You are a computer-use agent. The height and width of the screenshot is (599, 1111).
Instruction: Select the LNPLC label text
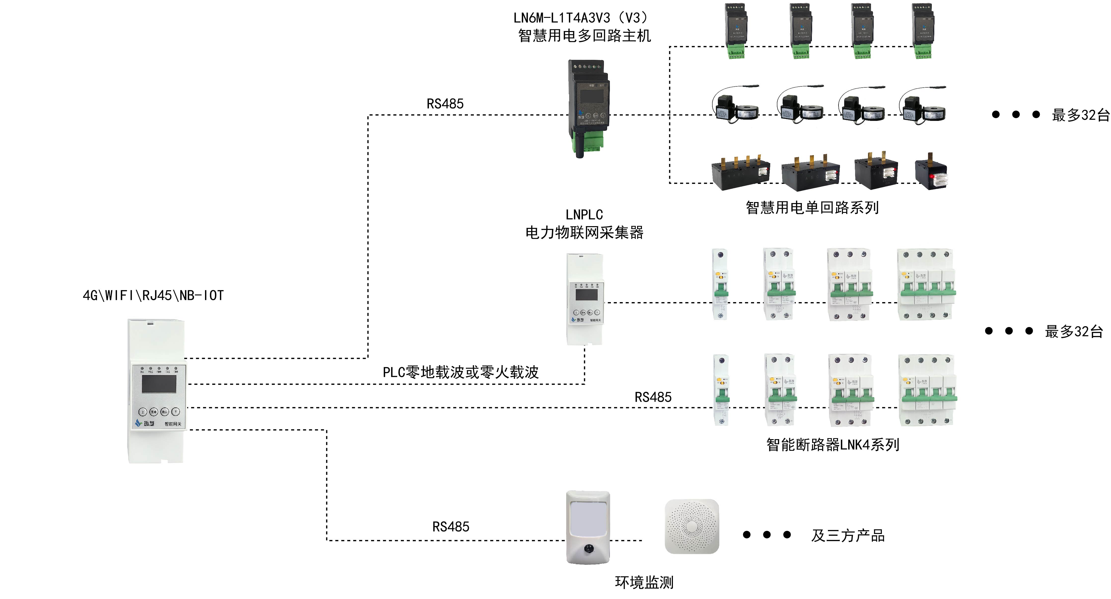(x=584, y=214)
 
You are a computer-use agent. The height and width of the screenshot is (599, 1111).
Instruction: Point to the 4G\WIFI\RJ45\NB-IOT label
(x=153, y=295)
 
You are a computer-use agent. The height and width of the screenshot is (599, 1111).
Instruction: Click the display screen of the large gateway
(x=159, y=384)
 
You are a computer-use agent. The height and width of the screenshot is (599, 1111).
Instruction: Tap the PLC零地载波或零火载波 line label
(x=461, y=372)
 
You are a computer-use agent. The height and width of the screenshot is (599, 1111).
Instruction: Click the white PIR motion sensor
(x=588, y=527)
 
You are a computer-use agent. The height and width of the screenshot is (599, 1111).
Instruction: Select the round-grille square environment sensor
(x=692, y=527)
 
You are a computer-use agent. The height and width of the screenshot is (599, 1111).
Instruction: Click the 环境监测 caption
(x=644, y=583)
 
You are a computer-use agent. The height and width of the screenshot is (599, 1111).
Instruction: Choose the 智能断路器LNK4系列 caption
(x=833, y=445)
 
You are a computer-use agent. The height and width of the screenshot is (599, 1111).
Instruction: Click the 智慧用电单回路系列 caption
(x=812, y=208)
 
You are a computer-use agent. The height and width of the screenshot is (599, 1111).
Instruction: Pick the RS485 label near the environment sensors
(x=451, y=527)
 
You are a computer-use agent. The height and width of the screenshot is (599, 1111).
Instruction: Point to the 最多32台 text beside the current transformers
(x=1080, y=115)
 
